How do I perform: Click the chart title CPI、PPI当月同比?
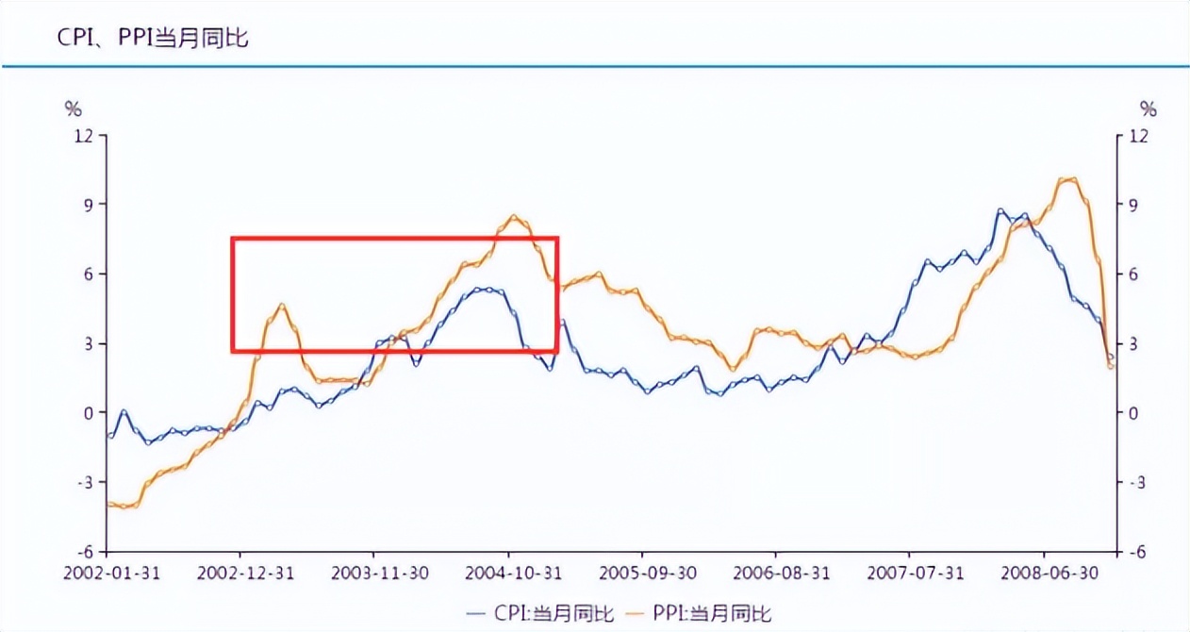click(x=140, y=39)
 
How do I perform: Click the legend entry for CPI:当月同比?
click(x=541, y=613)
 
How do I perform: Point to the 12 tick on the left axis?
click(x=84, y=135)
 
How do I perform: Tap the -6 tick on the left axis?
click(x=84, y=552)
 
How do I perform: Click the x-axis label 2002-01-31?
click(x=106, y=573)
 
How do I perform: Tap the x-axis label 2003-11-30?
click(x=373, y=573)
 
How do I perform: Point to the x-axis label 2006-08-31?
click(x=775, y=573)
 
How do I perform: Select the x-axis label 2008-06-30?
click(x=1043, y=573)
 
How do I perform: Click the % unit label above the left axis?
click(x=73, y=108)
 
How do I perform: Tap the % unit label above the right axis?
click(x=1148, y=108)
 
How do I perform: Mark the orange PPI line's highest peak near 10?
click(x=1068, y=178)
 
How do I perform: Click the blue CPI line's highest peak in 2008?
click(x=1000, y=210)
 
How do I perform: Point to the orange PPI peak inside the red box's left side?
click(x=282, y=305)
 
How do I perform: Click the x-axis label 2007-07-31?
click(x=909, y=573)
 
